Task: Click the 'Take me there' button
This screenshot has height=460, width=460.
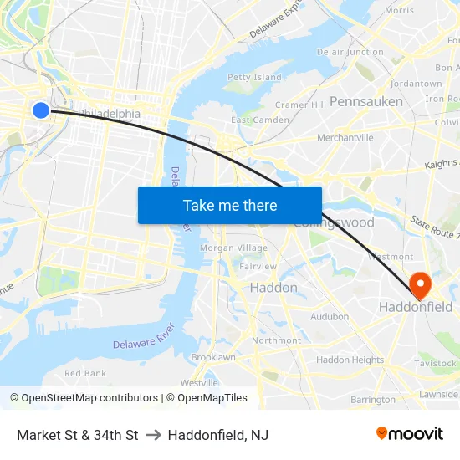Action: click(230, 205)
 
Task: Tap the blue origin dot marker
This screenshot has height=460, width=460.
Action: click(40, 110)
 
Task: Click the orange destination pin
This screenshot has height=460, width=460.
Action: click(416, 284)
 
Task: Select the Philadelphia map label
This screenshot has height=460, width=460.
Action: click(109, 113)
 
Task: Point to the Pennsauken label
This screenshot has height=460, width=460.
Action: click(365, 101)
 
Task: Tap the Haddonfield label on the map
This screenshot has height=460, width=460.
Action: click(416, 307)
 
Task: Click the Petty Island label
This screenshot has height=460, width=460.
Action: click(254, 78)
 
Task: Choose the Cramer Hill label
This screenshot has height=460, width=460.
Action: click(300, 105)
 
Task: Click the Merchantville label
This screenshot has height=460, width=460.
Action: click(345, 137)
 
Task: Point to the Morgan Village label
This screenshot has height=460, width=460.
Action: click(234, 248)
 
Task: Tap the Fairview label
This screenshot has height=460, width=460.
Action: click(258, 267)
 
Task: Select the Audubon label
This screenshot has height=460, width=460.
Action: click(330, 317)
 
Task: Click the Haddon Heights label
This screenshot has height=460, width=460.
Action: click(350, 360)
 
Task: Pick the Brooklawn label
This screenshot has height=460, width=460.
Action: click(213, 357)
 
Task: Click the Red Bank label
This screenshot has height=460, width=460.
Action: click(85, 373)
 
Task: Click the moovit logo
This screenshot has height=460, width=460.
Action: click(409, 434)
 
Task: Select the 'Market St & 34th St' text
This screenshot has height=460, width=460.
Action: click(77, 435)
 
